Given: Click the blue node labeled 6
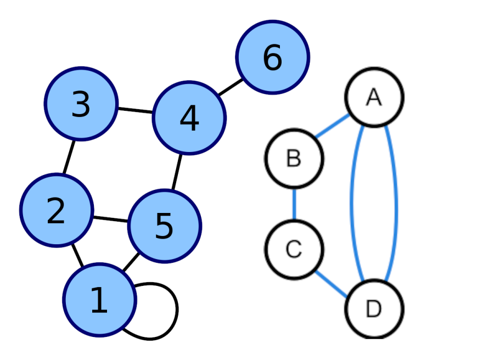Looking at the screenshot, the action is (x=273, y=57).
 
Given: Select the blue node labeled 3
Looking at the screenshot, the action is (x=81, y=104).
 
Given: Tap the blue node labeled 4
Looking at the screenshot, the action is (x=189, y=118).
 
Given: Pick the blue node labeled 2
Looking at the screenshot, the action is (x=57, y=210).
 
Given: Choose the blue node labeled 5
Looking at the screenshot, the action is (x=165, y=226).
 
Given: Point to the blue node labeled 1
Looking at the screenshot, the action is (x=99, y=300).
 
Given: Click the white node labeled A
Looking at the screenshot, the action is (x=374, y=97).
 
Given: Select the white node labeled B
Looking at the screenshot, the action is (x=294, y=158).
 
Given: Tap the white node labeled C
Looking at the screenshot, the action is (x=294, y=250).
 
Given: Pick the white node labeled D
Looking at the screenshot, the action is (x=374, y=308).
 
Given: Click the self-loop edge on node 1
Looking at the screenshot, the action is (x=177, y=310).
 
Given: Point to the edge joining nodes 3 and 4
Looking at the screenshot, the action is (x=135, y=110).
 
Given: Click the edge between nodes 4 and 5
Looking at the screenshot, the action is (x=177, y=172).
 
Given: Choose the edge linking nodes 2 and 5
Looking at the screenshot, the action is (x=110, y=218).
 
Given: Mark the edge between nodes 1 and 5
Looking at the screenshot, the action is (x=131, y=262).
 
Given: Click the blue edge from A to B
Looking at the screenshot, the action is (x=332, y=126).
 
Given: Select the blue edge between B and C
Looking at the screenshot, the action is (x=294, y=204).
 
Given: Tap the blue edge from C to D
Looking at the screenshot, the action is (x=332, y=284).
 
